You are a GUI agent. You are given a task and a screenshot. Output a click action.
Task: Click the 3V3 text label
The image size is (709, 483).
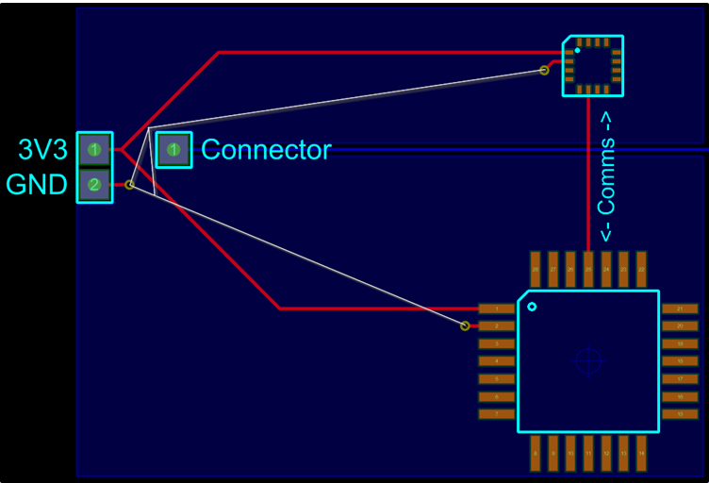point(43,150)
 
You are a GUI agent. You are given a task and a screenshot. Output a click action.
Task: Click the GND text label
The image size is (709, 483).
point(38,185)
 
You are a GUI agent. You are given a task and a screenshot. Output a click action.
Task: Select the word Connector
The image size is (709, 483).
point(266,150)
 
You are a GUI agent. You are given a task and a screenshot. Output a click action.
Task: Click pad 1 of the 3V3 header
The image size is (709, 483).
point(94,149)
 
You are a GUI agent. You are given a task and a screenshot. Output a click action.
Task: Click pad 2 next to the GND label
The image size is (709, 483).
point(94,185)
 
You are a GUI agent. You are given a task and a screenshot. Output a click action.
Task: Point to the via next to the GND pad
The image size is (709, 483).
point(130,185)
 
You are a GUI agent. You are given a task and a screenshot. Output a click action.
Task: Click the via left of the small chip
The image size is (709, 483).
point(544,70)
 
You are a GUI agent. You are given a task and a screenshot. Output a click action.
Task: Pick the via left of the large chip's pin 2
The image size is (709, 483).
point(465,325)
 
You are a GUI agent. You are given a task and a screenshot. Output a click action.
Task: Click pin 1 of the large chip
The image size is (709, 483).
point(497,308)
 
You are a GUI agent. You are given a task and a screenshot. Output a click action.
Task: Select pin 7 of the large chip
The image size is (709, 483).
point(497,414)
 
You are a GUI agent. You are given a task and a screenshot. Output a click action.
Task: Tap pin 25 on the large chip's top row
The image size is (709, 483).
point(588,269)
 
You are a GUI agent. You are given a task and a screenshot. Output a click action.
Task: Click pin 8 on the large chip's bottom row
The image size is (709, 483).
point(536,454)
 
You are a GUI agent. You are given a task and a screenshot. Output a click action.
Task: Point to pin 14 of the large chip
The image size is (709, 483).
point(641,454)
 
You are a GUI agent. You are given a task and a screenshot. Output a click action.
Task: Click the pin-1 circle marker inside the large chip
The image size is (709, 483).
point(532,307)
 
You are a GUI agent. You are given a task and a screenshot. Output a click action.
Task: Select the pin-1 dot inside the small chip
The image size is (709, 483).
point(577,51)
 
